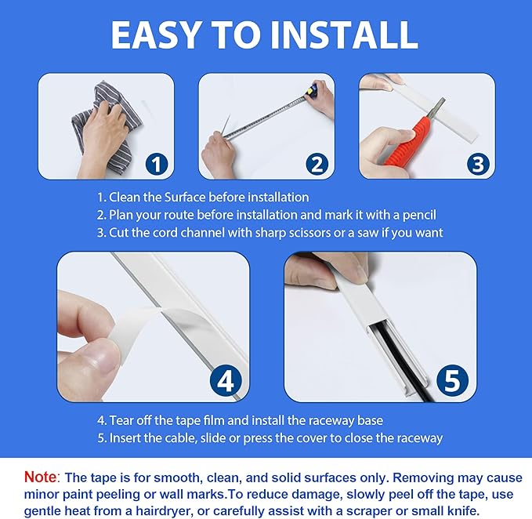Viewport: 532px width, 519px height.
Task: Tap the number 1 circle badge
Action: (x=157, y=164)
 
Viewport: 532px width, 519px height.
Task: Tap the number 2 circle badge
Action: (x=317, y=164)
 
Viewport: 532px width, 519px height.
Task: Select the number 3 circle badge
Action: (x=479, y=164)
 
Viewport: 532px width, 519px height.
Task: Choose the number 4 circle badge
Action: (x=225, y=381)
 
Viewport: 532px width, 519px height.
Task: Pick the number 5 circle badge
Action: (x=452, y=381)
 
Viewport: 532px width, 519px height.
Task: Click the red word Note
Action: (x=40, y=477)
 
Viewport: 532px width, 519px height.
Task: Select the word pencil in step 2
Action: (x=418, y=215)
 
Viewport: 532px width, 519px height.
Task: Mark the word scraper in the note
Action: (x=388, y=510)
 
